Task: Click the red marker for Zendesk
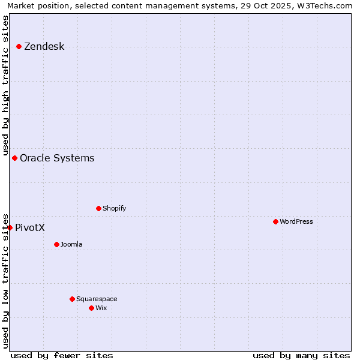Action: click(x=19, y=46)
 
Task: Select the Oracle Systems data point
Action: click(x=14, y=158)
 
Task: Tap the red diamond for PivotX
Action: click(x=10, y=227)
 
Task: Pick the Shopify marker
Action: click(x=98, y=208)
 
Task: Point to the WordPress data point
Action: click(x=275, y=221)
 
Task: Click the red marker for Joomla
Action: click(x=56, y=244)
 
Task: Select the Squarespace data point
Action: click(x=72, y=299)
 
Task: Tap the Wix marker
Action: click(x=91, y=308)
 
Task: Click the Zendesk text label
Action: click(x=44, y=46)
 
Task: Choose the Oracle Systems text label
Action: click(x=57, y=158)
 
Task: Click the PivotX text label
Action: click(x=30, y=227)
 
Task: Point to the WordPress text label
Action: click(x=296, y=221)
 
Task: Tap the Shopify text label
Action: click(x=115, y=208)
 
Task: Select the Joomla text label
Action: click(x=71, y=244)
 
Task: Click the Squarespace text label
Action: click(x=97, y=299)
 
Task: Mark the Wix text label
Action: click(x=101, y=308)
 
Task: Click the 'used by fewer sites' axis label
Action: click(x=62, y=355)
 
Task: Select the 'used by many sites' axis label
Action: click(x=301, y=355)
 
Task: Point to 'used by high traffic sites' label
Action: click(x=5, y=84)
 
